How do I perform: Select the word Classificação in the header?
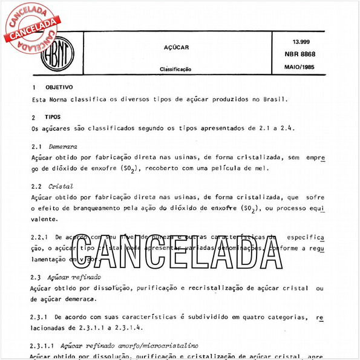point(176,69)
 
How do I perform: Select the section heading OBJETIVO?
point(59,88)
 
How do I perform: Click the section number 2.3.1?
point(40,316)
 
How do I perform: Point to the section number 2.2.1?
point(40,237)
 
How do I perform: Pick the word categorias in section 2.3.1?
point(283,316)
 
